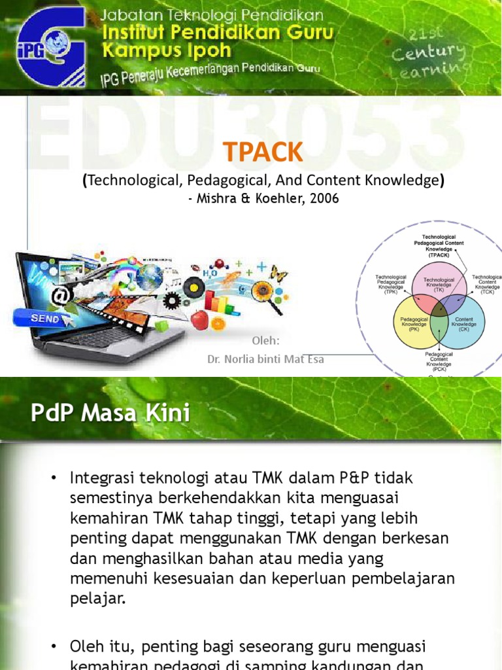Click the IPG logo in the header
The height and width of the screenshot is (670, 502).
[52, 46]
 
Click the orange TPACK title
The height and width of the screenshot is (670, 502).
[263, 152]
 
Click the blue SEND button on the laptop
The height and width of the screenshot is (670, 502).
[45, 319]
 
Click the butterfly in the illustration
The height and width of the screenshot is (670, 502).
[278, 274]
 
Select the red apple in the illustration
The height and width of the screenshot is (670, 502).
[199, 320]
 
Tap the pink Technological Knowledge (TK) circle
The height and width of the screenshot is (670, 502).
[439, 283]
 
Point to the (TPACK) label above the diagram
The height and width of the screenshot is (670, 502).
[439, 255]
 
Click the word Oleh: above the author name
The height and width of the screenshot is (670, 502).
[265, 341]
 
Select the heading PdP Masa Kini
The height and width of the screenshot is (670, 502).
[110, 414]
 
